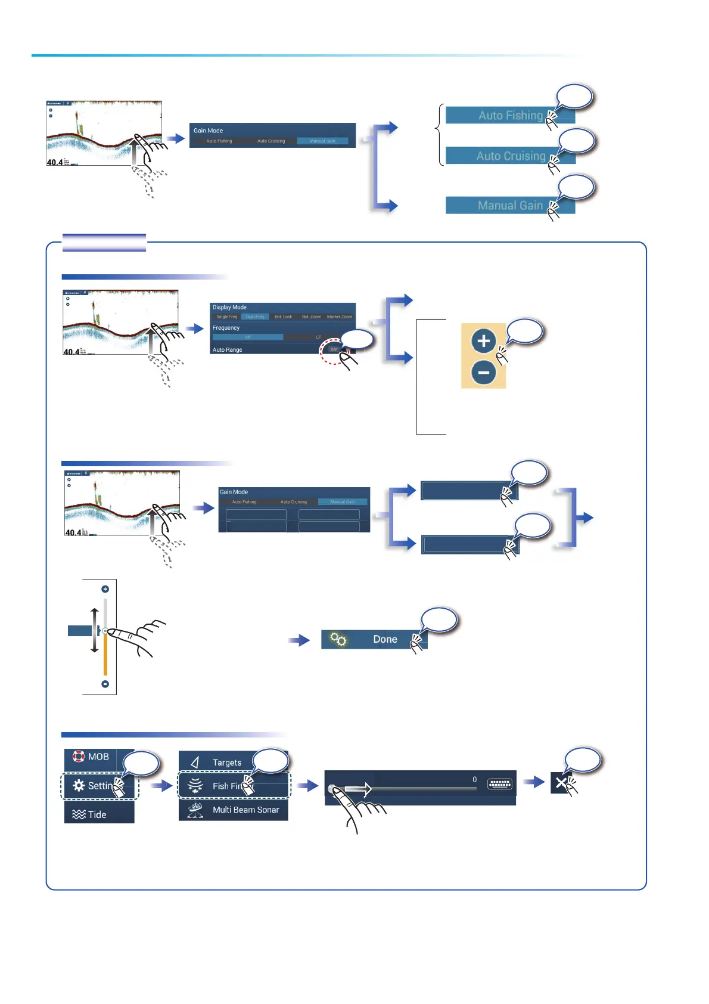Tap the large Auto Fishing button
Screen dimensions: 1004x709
[509, 116]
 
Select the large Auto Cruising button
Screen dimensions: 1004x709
[509, 156]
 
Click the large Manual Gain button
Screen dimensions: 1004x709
[509, 206]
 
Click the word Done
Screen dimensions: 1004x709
[385, 640]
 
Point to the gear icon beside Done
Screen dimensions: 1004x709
[338, 640]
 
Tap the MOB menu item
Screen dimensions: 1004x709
[98, 757]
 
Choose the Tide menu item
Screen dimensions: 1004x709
[97, 814]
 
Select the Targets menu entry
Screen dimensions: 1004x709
[226, 763]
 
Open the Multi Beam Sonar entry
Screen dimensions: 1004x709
[245, 810]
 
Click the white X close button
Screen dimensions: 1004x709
[560, 783]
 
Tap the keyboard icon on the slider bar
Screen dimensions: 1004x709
[499, 784]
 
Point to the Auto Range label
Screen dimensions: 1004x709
[227, 350]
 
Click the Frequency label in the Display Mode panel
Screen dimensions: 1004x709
[226, 328]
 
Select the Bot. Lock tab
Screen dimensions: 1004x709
[283, 317]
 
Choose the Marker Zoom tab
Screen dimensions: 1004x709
[339, 317]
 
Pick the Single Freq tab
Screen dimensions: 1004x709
[226, 317]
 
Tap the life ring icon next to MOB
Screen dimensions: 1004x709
[78, 757]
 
